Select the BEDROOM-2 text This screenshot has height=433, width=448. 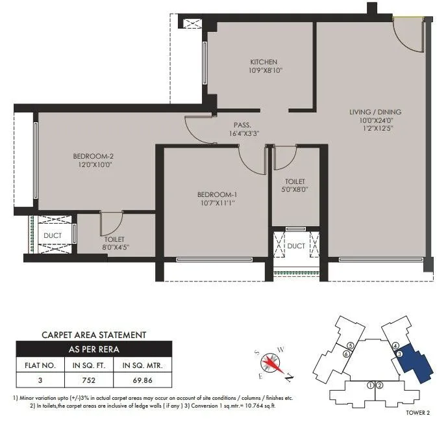point(93,156)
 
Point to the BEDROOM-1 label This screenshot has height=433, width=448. point(217,194)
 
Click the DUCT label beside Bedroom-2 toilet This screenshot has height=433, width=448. point(52,235)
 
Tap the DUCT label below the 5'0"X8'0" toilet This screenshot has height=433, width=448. point(296,246)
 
